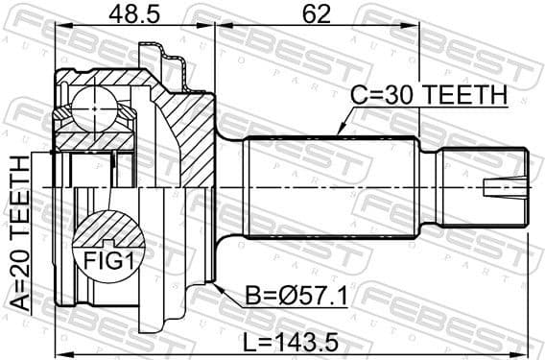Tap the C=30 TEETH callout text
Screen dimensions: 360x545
click(427, 93)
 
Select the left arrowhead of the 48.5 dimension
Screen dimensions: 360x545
click(59, 30)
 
